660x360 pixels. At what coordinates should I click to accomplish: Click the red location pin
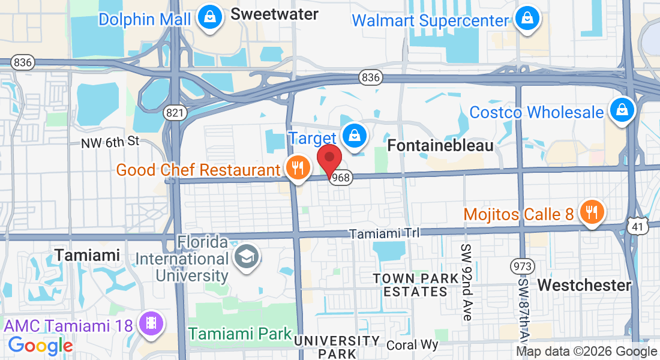pos(329,159)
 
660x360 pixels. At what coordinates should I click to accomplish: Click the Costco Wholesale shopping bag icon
pos(622,110)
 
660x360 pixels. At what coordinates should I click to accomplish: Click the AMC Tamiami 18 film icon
pos(152,324)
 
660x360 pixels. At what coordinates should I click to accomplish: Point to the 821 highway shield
pos(174,113)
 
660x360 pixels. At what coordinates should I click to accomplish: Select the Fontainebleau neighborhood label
pos(440,146)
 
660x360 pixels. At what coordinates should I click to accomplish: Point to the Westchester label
pos(584,285)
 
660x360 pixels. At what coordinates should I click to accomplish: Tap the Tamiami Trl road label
pos(385,233)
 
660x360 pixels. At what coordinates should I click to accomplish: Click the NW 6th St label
pos(110,142)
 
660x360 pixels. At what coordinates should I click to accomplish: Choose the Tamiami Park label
pos(240,334)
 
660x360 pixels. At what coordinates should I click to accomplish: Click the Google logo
pos(40,346)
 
